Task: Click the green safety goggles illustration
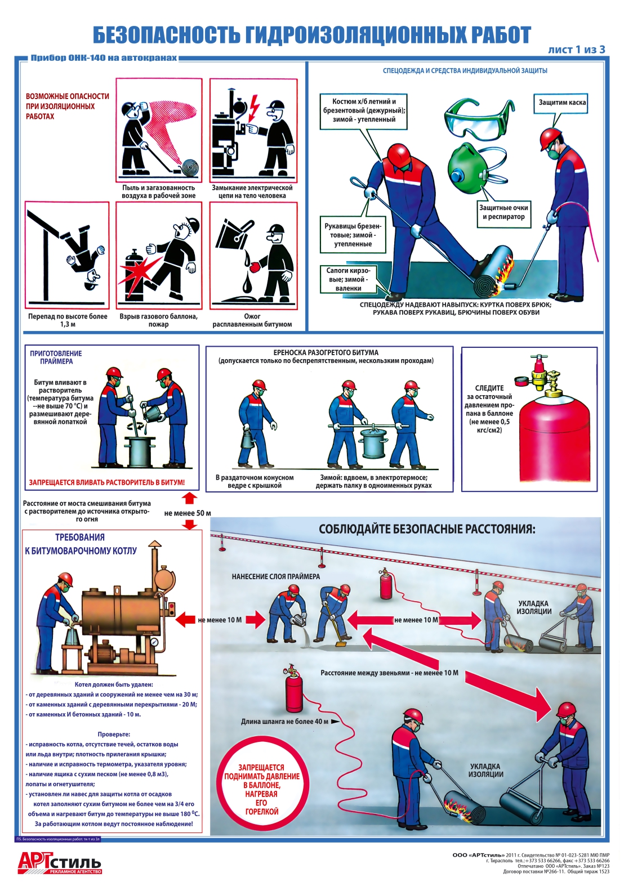(x=474, y=119)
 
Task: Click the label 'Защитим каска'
(x=561, y=103)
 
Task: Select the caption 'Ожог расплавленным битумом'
(x=252, y=320)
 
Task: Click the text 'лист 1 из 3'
(x=576, y=50)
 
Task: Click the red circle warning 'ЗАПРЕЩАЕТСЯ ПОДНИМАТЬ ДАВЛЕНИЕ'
(x=261, y=789)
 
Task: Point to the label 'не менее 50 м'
(x=188, y=513)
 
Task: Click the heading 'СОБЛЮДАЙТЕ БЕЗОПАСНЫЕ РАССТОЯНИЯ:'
(x=427, y=529)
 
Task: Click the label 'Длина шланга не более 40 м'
(x=285, y=721)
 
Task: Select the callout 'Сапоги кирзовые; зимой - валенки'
(x=348, y=279)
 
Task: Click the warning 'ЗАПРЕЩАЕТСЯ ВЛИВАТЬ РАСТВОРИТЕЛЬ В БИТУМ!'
(x=107, y=482)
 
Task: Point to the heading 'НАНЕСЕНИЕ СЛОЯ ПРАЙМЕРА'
(x=276, y=576)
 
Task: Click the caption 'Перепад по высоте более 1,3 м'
(x=68, y=320)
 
